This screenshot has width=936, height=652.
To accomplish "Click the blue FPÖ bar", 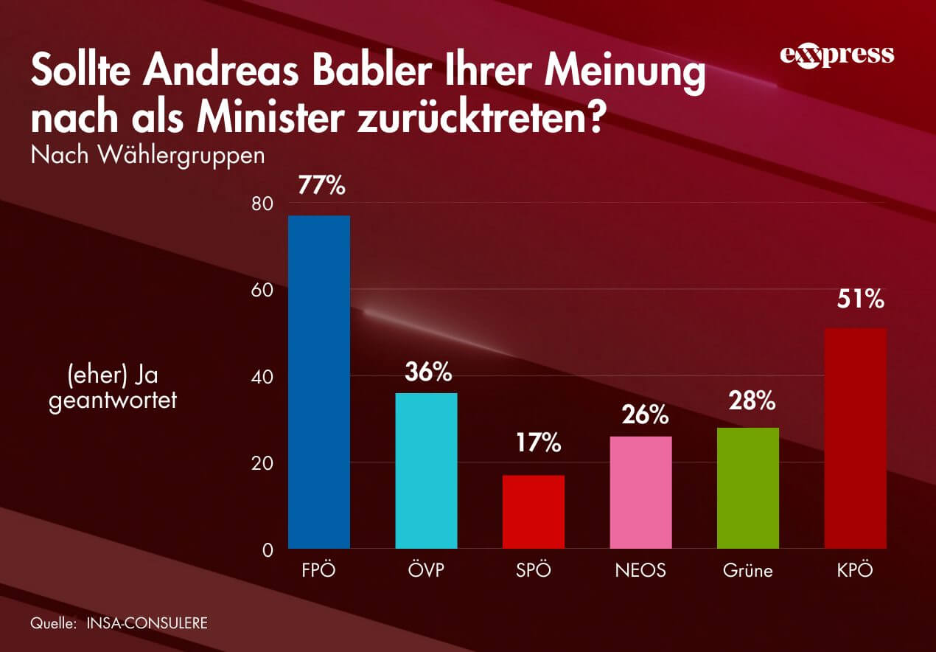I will [x=318, y=382].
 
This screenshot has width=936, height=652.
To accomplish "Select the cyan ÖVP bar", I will [x=426, y=471].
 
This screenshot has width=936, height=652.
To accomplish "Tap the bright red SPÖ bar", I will [x=534, y=512].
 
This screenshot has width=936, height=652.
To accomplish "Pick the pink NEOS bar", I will [x=641, y=492].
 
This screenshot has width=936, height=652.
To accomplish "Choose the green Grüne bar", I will [x=747, y=488].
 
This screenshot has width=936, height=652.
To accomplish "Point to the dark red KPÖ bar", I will [x=855, y=438].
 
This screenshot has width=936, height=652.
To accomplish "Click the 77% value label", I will [x=321, y=186].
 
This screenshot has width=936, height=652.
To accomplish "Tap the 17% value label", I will [x=537, y=444].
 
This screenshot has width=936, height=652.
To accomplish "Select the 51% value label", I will [x=859, y=299].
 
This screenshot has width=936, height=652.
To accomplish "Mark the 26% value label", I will [x=644, y=415].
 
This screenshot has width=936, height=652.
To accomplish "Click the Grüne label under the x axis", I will [x=747, y=570].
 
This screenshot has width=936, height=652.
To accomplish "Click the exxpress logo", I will [x=836, y=56].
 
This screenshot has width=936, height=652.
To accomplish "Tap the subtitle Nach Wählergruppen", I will [x=147, y=156].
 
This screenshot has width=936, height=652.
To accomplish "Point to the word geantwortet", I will [x=113, y=403].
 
